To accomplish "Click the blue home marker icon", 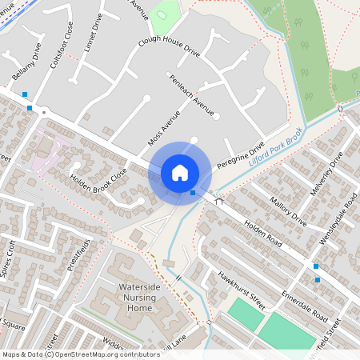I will [x=180, y=173].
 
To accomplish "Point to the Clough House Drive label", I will [x=168, y=46].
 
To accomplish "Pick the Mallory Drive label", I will [x=287, y=212].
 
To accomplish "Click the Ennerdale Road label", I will [x=304, y=306].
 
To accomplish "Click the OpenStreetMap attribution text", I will [x=81, y=354].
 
